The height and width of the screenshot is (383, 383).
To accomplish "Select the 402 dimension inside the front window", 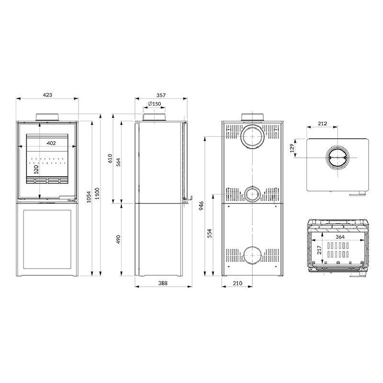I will (51, 143).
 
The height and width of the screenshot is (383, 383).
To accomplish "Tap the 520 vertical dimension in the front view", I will (35, 170).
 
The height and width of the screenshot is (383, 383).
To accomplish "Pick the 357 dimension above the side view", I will (160, 95).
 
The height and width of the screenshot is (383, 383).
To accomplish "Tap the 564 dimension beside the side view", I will (118, 162).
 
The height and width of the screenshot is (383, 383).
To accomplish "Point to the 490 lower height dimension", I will (118, 239).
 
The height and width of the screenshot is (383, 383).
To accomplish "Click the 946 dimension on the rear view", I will (203, 206).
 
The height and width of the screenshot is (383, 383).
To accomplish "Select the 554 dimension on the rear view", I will (210, 233).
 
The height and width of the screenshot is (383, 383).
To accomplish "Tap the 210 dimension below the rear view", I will (237, 283).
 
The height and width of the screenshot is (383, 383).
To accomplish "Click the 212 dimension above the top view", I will (322, 124).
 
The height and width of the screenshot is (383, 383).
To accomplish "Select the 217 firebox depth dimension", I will (319, 250).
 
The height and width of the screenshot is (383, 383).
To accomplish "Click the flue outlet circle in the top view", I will (338, 158).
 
